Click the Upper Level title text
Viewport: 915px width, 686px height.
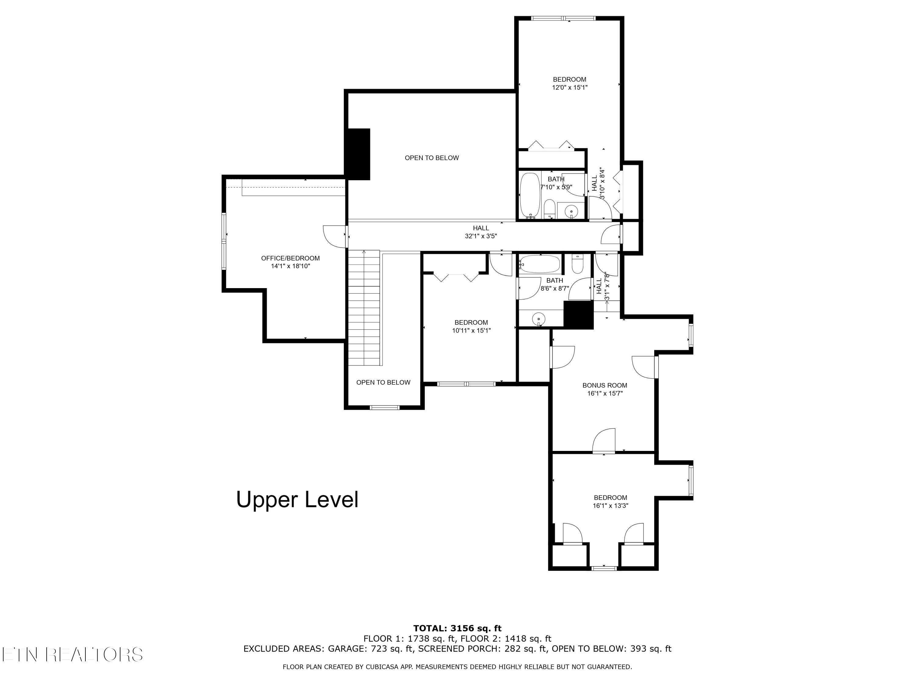point(297,499)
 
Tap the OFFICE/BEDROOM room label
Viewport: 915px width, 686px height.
point(290,258)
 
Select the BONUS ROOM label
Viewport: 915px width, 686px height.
point(605,385)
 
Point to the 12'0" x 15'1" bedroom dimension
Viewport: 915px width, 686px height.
point(570,87)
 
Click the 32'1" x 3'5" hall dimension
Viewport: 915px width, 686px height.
point(481,236)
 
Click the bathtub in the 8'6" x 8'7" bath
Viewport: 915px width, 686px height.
point(540,264)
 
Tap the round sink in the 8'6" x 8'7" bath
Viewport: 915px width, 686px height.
point(538,319)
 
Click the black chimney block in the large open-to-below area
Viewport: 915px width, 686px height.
point(358,154)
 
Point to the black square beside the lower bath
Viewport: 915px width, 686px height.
point(579,315)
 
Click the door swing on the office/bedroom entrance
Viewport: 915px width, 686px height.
point(335,237)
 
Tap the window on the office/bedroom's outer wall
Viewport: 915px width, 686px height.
point(224,241)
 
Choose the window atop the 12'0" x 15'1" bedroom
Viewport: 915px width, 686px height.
point(563,18)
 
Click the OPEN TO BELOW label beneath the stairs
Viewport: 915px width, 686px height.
point(383,383)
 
